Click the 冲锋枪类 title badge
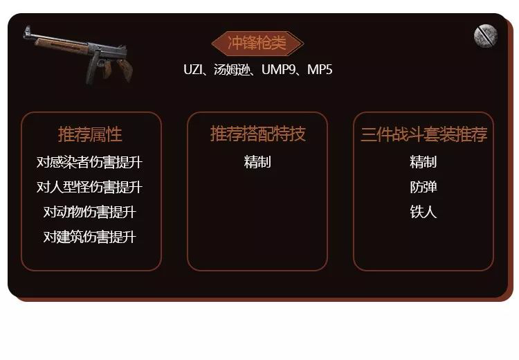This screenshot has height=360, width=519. pos(257,43)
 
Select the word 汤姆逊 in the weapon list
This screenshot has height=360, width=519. pos(231,69)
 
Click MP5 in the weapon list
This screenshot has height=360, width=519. pos(320,69)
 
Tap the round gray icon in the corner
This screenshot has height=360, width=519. pos(486,36)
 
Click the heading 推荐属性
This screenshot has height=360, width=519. pos(90,134)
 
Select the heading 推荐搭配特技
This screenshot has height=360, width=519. pos(257,134)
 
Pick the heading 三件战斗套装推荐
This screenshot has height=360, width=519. pos(424,134)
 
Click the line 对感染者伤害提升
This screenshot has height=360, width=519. pos(89,162)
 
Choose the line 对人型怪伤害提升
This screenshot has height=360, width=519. pos(89,187)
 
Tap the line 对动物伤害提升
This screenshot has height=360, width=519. pos(89,212)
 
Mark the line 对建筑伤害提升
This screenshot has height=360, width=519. pos(89,237)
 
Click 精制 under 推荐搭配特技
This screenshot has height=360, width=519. pos(257,162)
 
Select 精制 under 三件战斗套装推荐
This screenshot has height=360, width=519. pos(424,162)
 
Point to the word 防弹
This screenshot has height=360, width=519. pos(424,187)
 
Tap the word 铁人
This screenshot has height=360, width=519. pos(424,212)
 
